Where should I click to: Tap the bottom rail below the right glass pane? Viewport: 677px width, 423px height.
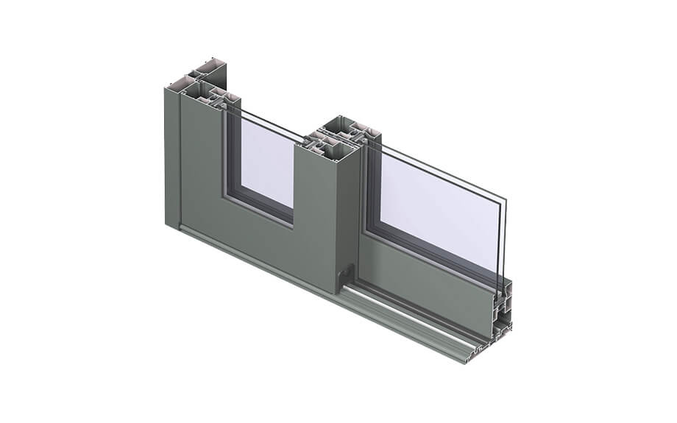click(427, 287)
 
